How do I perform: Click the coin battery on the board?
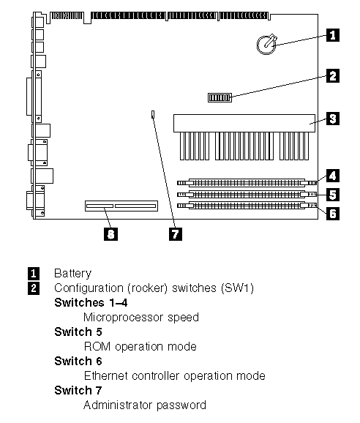[x=266, y=44]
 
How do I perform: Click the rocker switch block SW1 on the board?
[x=220, y=97]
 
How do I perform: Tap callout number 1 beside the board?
[x=333, y=35]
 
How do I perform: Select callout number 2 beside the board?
[x=333, y=76]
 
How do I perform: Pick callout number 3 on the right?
[x=333, y=119]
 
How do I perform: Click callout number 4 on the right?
[x=333, y=176]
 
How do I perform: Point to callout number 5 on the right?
[x=333, y=195]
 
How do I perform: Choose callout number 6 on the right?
[x=333, y=214]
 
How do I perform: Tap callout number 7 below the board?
[x=176, y=234]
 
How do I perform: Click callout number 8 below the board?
[x=110, y=234]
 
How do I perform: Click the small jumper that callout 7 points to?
[x=153, y=114]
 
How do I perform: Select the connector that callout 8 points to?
[x=121, y=206]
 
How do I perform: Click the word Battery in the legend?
[x=73, y=274]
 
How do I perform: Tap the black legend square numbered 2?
[x=34, y=288]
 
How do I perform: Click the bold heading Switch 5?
[x=78, y=332]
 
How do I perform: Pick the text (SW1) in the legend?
[x=237, y=288]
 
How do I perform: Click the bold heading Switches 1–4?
[x=91, y=303]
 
